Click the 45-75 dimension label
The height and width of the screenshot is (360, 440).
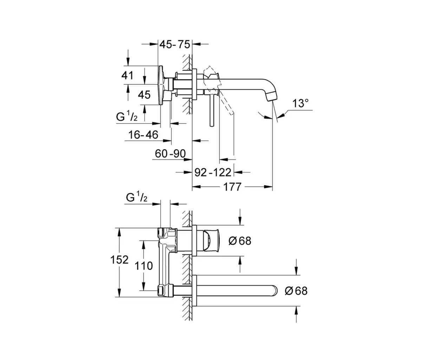pos(175,45)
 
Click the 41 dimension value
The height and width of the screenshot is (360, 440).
pos(128,75)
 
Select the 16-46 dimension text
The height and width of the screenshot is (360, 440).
pos(143,134)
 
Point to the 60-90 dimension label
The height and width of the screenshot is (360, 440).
pos(170,154)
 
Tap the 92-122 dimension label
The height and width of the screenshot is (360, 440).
pos(213,172)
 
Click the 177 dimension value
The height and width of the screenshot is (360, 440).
pos(232,187)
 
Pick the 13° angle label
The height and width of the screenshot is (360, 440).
pos(300,103)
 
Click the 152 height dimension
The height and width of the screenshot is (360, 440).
pos(119,260)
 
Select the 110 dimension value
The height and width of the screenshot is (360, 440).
pos(143,266)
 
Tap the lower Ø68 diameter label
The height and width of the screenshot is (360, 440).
pos(296,291)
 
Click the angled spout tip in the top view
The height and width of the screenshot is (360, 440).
pos(273,96)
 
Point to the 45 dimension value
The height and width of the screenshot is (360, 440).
pos(144,95)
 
